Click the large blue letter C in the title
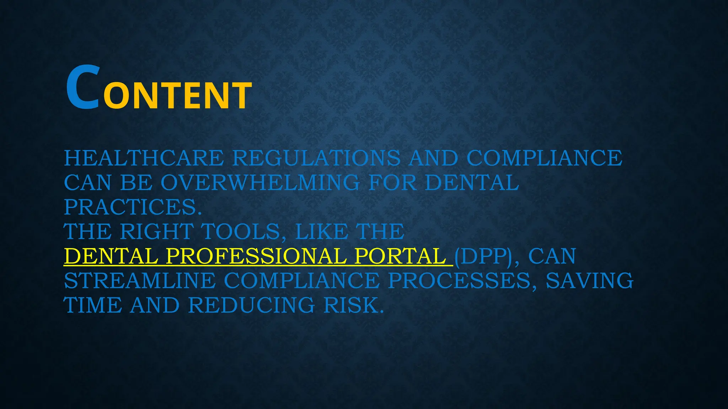coord(82,87)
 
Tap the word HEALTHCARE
coord(144,158)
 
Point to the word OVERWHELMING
coord(260,182)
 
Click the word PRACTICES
coord(133,207)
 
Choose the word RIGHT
coord(157,231)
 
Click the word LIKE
coord(321,231)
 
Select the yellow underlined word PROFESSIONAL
coord(256,256)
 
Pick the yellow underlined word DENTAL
coord(111,256)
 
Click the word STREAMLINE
coord(140,280)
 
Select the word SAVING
coord(589,280)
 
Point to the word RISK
coord(354,305)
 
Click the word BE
coord(136,182)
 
